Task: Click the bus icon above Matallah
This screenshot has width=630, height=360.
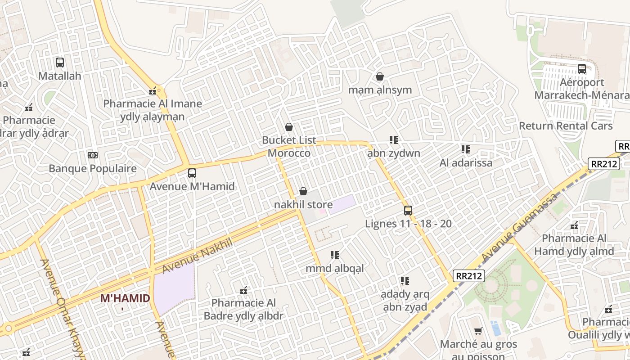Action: tap(59, 63)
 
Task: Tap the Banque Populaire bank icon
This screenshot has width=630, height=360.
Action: tap(92, 155)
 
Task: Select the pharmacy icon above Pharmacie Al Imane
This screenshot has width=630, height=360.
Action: tap(153, 91)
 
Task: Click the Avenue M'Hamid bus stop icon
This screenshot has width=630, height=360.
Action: tap(192, 173)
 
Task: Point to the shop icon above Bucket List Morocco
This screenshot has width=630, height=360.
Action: tap(289, 127)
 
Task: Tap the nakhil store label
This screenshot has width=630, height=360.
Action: tap(303, 205)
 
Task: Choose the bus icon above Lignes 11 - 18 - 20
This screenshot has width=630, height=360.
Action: tap(408, 210)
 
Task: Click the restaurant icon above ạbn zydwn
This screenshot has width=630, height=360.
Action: tap(394, 140)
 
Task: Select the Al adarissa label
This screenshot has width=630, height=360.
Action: tap(466, 163)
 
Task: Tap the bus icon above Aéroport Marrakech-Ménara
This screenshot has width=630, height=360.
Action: tap(581, 69)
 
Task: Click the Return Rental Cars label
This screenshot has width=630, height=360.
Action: tap(566, 126)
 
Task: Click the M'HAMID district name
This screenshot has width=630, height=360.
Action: tap(125, 298)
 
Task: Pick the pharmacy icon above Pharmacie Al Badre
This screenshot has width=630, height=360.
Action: tap(243, 290)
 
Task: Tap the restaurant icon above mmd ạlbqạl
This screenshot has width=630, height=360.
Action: tap(334, 255)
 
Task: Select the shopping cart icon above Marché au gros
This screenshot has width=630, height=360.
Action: tap(478, 331)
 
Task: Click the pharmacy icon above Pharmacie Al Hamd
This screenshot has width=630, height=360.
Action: tap(574, 225)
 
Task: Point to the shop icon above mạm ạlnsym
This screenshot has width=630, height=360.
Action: tap(380, 76)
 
